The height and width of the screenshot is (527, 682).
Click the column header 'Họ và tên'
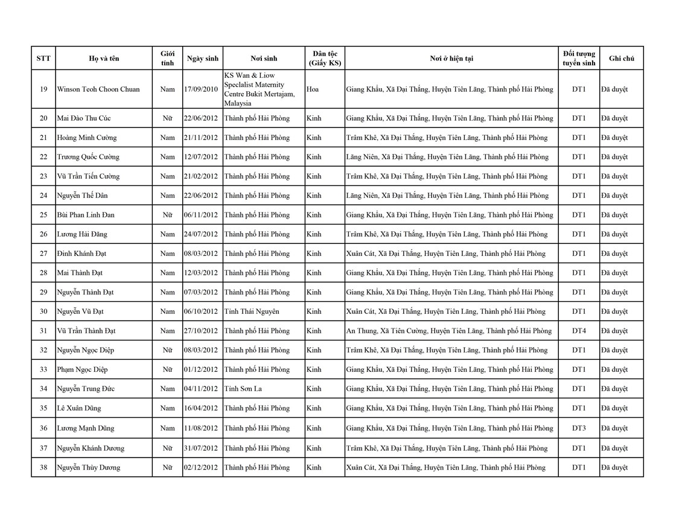(104, 59)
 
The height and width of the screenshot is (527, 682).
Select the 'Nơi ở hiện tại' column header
(451, 59)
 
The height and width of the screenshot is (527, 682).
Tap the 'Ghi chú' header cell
(621, 59)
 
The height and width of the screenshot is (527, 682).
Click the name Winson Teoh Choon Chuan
(98, 89)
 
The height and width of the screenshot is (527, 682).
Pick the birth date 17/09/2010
(202, 89)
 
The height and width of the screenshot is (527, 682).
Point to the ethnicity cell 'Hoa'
(313, 89)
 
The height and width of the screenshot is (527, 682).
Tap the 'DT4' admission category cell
(578, 331)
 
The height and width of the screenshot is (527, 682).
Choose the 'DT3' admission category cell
(578, 428)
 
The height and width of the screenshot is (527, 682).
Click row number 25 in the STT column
(43, 215)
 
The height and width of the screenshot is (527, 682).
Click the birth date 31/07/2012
(202, 448)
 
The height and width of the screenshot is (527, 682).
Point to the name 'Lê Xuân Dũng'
(80, 408)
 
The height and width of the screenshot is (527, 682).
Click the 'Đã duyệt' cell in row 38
(614, 467)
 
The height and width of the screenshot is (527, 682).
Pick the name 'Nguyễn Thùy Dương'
(88, 467)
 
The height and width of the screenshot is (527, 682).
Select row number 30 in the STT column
(43, 311)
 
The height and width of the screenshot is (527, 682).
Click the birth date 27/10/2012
(202, 331)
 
